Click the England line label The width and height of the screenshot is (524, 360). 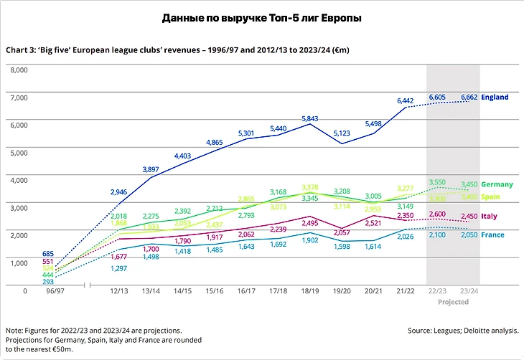click(495, 97)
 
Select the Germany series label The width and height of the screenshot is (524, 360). click(497, 185)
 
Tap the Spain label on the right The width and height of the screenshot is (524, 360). click(492, 196)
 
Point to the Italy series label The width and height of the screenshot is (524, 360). click(490, 216)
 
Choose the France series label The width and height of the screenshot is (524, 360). click(493, 235)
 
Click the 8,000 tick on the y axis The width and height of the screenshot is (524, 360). click(17, 70)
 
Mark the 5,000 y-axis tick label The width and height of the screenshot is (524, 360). click(17, 153)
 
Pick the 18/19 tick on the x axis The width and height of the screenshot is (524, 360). click(309, 291)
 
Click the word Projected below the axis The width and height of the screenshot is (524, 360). click(452, 302)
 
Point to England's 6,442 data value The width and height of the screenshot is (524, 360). click(406, 100)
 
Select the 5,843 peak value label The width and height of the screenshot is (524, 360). click(309, 118)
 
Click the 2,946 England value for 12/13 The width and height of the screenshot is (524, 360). click(118, 192)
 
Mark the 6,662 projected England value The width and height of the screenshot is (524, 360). click(469, 97)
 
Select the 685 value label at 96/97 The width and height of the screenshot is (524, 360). click(48, 254)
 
